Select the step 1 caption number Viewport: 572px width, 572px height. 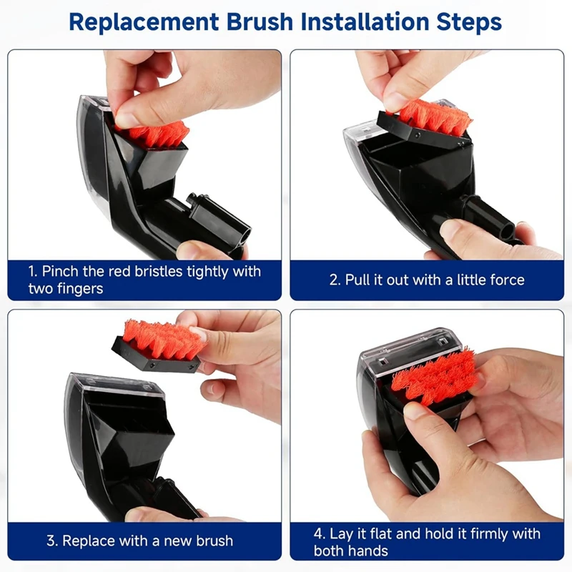(32, 272)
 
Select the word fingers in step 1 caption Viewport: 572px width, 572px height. (83, 289)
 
